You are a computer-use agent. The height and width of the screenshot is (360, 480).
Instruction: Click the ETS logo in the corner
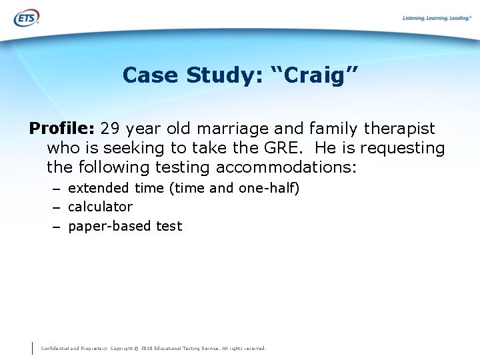click(26, 17)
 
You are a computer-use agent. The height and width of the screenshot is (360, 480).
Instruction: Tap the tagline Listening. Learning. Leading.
click(437, 18)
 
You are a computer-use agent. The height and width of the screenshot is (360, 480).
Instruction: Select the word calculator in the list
click(100, 207)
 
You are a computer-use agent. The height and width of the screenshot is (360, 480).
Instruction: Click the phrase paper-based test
click(125, 226)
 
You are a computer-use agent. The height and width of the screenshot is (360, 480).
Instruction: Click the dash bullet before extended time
click(57, 189)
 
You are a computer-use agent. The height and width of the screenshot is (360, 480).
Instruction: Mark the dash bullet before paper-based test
click(57, 227)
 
